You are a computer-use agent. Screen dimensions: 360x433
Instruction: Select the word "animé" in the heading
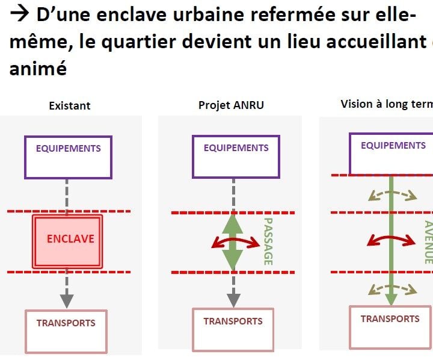[37, 68]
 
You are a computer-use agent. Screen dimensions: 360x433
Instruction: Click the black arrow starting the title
[19, 15]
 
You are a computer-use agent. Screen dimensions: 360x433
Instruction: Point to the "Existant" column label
[70, 105]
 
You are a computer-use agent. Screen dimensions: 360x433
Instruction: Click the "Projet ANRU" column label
[231, 105]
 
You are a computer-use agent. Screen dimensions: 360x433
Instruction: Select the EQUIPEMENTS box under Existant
[68, 157]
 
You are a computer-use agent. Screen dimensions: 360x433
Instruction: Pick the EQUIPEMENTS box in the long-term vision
[393, 154]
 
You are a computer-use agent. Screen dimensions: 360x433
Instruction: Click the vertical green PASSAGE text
[268, 241]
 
